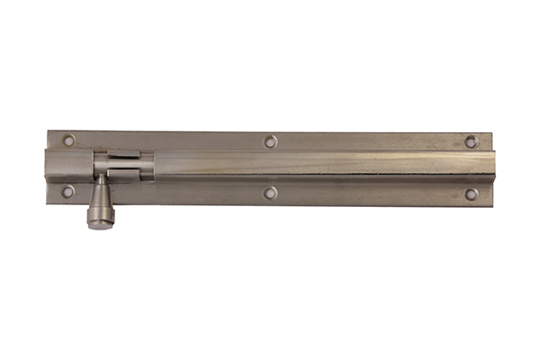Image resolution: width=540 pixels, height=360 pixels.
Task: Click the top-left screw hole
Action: pos(69,139)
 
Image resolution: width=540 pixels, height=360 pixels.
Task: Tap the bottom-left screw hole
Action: pos(67,191)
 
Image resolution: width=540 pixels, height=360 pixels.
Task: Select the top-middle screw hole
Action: pos(270,140)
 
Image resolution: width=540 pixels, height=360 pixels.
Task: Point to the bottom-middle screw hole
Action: pos(270,193)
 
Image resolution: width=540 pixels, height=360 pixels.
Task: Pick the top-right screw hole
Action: pos(471,141)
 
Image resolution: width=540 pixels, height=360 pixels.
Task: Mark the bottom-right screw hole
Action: pos(471,193)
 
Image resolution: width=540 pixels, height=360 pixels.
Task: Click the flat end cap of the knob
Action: pos(99,222)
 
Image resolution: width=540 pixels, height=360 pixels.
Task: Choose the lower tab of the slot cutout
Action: pos(124,176)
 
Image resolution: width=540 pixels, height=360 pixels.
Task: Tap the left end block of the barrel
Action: pos(68,166)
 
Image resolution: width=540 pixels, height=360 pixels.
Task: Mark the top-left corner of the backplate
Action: pos(49,132)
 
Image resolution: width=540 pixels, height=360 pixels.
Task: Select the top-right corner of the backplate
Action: pos(491,134)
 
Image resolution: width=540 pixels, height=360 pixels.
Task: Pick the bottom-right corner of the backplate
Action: pos(491,204)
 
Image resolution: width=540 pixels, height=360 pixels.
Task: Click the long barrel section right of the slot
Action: pos(315,166)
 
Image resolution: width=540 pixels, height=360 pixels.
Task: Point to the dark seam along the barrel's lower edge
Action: pos(315,180)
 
